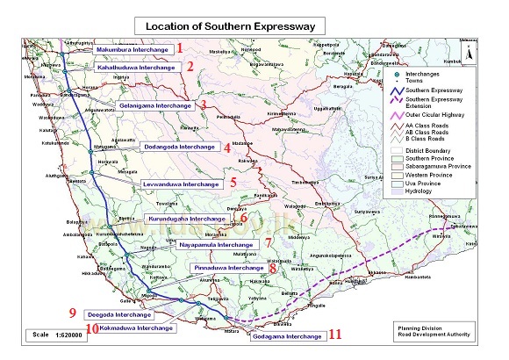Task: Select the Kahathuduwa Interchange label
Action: [x=145, y=66]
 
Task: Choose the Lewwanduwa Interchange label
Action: [x=183, y=184]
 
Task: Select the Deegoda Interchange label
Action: [x=121, y=313]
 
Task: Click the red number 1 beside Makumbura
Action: [x=179, y=48]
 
